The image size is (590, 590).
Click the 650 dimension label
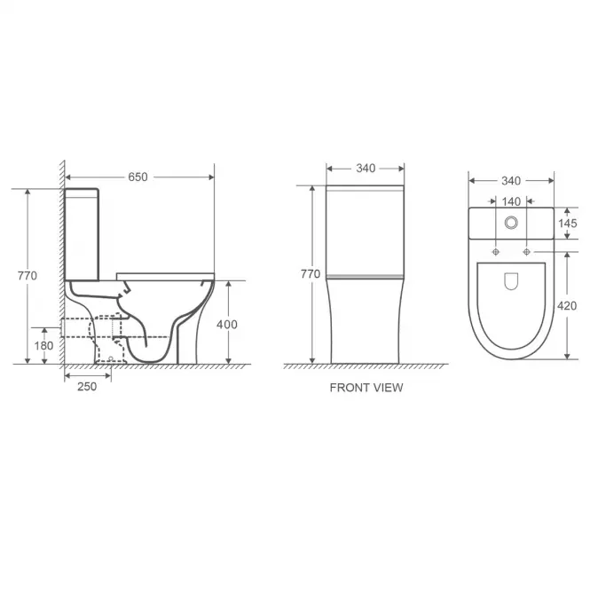pos(138,177)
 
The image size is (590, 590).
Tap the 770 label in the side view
pos(28,276)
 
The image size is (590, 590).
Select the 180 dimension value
pos(43,345)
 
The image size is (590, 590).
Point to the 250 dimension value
pos(87,387)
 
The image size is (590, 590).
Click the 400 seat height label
pos(227,325)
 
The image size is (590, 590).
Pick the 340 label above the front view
pos(366,169)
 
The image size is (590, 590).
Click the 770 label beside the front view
pos(311,274)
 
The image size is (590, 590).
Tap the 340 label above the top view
pos(511,181)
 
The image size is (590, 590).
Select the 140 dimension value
pos(511,201)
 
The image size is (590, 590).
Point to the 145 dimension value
pos(568,224)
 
